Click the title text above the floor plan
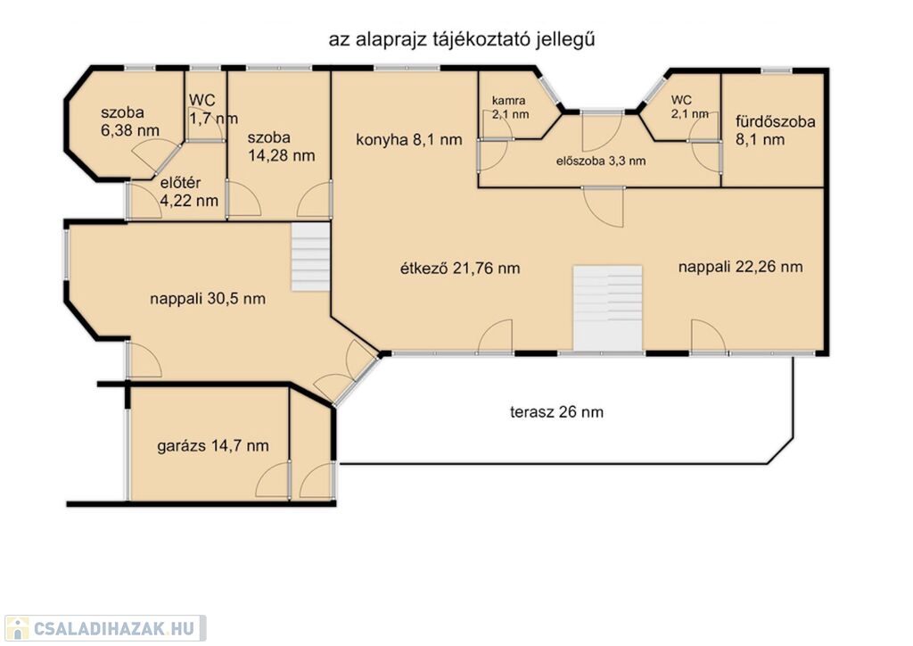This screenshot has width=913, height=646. click(462, 40)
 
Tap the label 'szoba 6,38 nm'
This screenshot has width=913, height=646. click(130, 121)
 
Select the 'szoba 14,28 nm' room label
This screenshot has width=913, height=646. click(281, 147)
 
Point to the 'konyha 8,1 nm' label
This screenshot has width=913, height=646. click(408, 140)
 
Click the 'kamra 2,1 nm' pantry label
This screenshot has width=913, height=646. click(511, 108)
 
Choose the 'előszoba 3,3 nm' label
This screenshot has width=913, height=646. click(601, 161)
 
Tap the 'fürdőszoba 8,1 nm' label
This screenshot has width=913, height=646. click(775, 130)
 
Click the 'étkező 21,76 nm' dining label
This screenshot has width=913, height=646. click(460, 268)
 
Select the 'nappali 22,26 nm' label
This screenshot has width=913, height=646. click(741, 267)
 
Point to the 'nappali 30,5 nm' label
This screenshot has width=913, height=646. click(208, 299)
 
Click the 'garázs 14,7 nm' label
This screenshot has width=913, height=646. click(213, 446)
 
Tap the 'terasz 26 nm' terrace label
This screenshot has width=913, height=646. click(556, 412)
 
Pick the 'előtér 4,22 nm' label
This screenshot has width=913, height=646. click(189, 192)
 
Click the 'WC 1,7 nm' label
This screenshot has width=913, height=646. click(213, 109)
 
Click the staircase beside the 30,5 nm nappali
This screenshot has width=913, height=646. click(311, 256)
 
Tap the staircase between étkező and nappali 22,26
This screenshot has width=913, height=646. click(608, 309)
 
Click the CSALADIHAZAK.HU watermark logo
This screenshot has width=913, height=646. click(105, 628)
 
